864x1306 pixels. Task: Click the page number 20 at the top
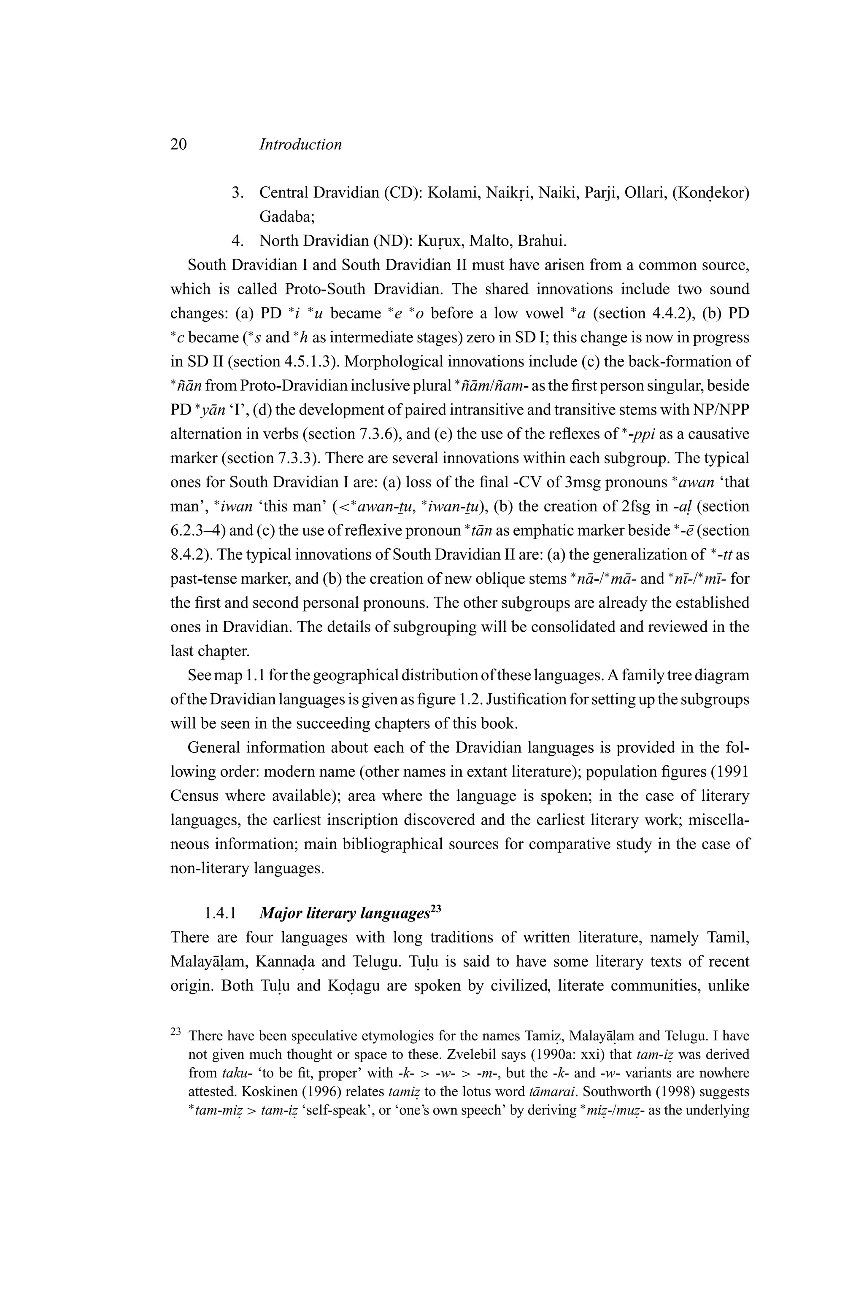[178, 144]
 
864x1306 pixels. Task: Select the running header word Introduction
[300, 144]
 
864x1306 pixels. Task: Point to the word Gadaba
[286, 217]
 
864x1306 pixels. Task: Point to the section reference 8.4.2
[190, 555]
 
